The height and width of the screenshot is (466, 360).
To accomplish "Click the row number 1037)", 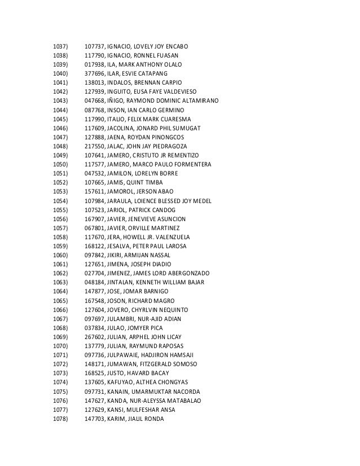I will tap(59, 45).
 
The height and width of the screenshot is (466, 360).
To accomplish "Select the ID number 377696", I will tap(94, 74).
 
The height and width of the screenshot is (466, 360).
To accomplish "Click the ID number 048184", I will tap(94, 282).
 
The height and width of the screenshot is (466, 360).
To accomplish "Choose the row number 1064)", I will tap(59, 291).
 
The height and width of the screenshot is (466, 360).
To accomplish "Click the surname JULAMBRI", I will tap(124, 319).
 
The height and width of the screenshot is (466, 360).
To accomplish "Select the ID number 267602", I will tap(94, 337).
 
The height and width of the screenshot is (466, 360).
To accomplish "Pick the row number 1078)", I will tap(59, 419).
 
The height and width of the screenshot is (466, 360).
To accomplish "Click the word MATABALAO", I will tap(168, 401).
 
